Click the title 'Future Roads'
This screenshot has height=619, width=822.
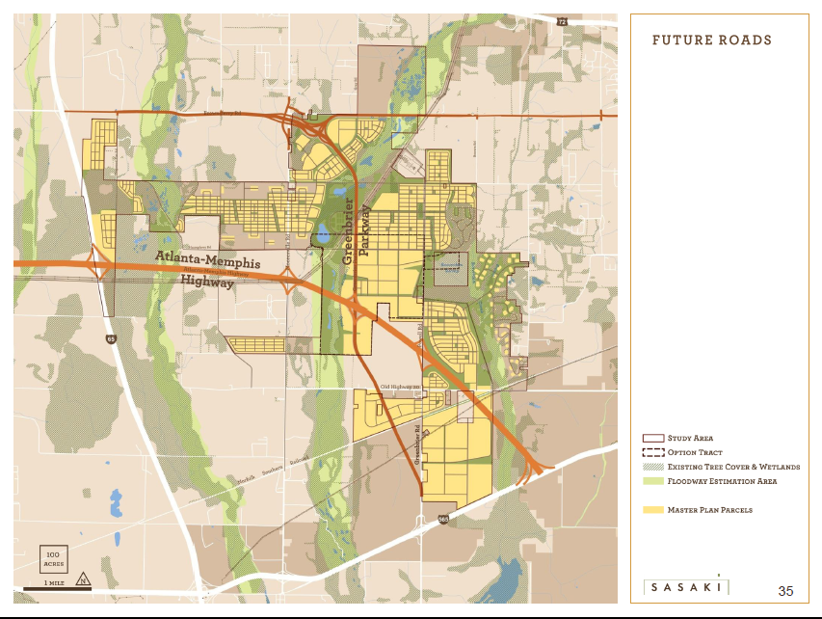(x=711, y=40)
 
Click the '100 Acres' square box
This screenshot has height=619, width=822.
(x=53, y=558)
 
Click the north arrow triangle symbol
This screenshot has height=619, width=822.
(x=84, y=579)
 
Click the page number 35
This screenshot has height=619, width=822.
(x=785, y=590)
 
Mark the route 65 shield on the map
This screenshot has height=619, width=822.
(x=112, y=339)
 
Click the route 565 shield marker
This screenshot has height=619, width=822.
(x=443, y=519)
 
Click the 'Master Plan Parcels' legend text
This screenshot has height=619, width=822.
(x=711, y=509)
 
